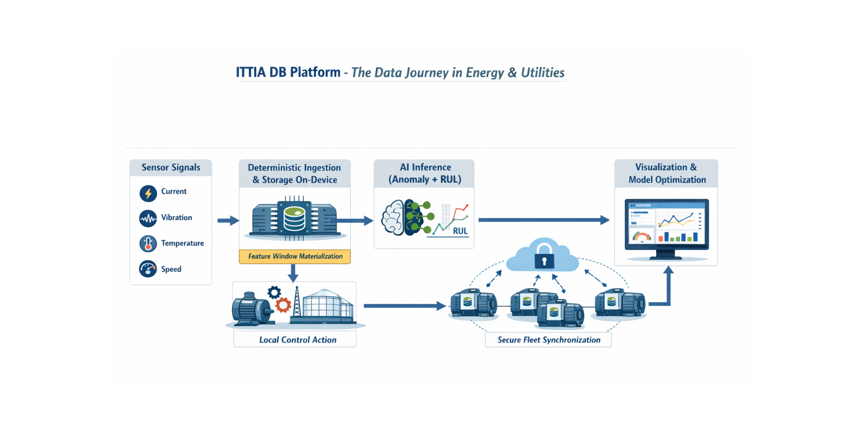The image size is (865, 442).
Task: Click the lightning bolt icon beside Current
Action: (148, 193)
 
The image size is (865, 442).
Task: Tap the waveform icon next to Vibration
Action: (148, 219)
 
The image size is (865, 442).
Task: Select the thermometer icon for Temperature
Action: (148, 244)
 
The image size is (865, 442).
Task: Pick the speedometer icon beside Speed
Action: (148, 269)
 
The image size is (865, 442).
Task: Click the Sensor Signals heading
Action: (171, 167)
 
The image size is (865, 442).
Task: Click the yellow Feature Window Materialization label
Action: (295, 257)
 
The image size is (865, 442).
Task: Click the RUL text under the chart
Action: (460, 231)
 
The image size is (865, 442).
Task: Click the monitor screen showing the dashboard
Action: (667, 224)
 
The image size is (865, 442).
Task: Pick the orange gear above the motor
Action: (283, 305)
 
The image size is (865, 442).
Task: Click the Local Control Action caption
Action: (298, 340)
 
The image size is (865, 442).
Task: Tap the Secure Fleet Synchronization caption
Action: (549, 340)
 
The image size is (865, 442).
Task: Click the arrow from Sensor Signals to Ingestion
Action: (228, 220)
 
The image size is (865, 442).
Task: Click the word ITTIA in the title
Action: (251, 72)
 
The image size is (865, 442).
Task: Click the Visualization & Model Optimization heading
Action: (667, 173)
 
